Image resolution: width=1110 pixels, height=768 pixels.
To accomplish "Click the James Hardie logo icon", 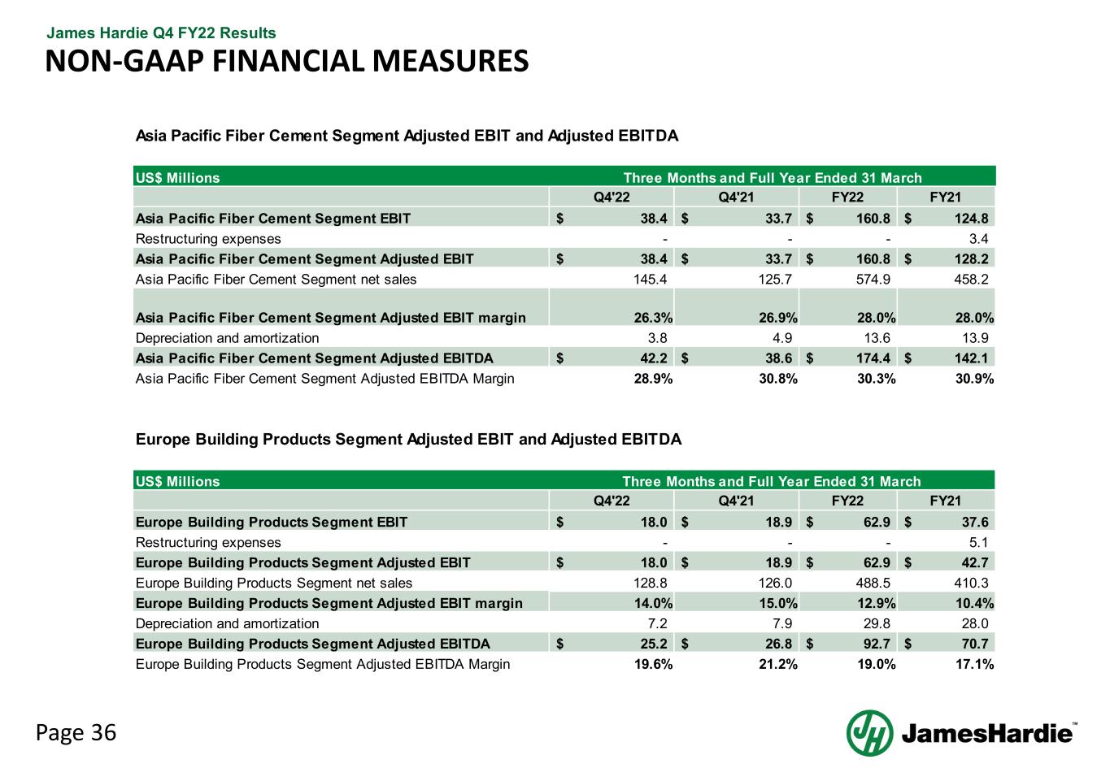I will tap(869, 732).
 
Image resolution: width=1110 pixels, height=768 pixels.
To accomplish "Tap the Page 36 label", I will tap(76, 732).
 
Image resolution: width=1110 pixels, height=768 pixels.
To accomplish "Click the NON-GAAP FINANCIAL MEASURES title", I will tap(286, 61).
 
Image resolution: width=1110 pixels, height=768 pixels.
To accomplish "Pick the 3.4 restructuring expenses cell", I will tap(979, 239).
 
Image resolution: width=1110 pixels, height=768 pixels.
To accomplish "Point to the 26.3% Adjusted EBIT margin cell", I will tap(652, 317).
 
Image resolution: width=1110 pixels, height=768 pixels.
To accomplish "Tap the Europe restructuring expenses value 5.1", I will tap(979, 542).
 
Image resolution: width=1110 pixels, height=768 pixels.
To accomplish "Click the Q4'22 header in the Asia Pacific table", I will tap(612, 197).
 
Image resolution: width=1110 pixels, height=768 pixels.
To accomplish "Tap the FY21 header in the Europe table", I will tap(946, 501).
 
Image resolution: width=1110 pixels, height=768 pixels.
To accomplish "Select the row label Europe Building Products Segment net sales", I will tap(274, 583).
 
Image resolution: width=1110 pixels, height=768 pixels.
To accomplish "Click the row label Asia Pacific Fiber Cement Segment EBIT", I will tap(273, 218).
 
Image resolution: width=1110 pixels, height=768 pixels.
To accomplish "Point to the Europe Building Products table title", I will tap(408, 440).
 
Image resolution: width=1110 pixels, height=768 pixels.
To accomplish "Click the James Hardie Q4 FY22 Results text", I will tap(161, 33).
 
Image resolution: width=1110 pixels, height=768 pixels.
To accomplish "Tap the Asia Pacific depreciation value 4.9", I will tap(781, 337).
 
